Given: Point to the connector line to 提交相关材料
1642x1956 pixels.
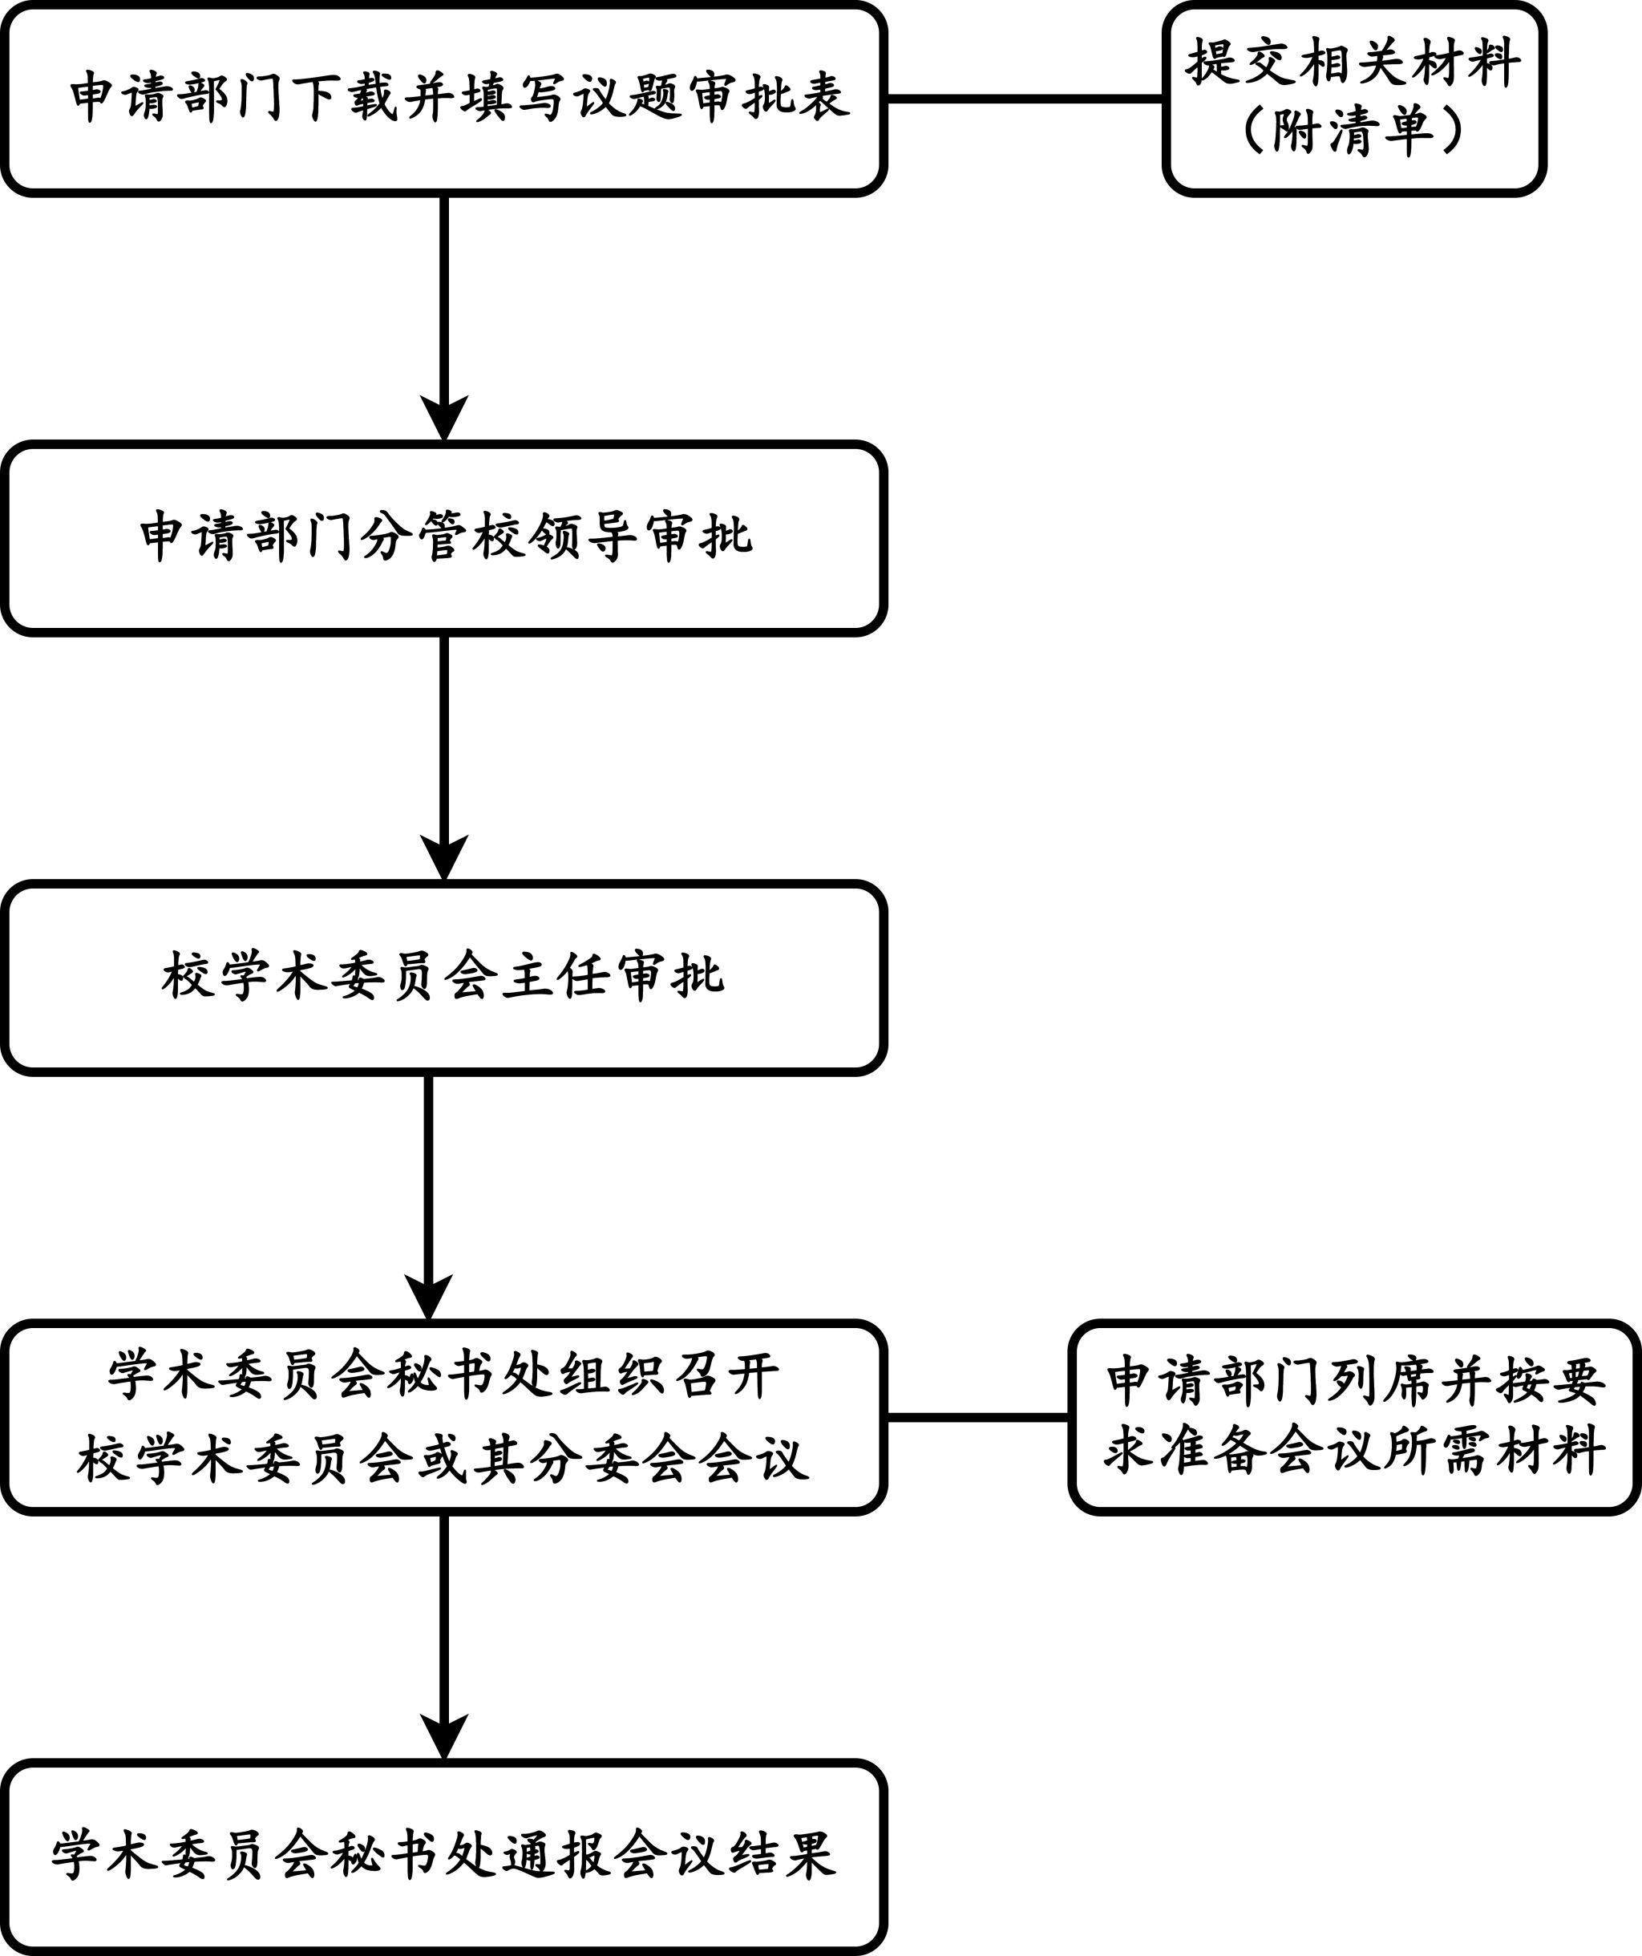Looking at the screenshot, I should [x=1025, y=98].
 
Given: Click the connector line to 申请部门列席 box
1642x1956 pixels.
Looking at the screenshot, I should [x=978, y=1418].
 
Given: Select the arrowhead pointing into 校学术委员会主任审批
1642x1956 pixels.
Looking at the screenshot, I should [x=443, y=857].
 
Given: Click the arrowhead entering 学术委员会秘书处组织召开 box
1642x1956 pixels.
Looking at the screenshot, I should [x=428, y=1297].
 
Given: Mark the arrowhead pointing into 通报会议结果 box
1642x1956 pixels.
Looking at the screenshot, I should [x=443, y=1736].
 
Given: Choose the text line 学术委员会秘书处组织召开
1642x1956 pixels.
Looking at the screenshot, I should [x=443, y=1375].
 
